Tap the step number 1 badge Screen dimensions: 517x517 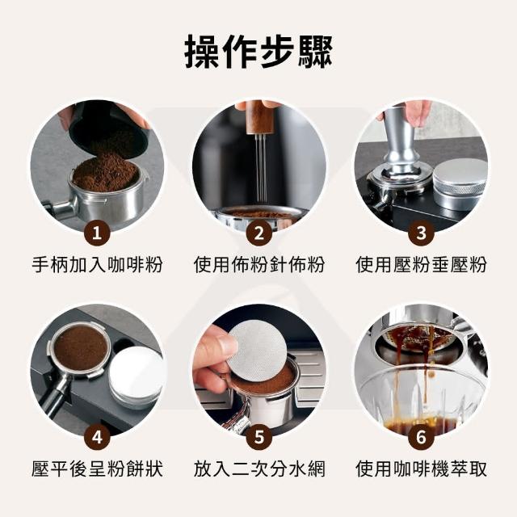(x=97, y=233)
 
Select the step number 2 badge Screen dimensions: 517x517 (x=259, y=233)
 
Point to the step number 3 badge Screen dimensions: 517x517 (x=421, y=233)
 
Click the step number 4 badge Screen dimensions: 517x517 (x=97, y=437)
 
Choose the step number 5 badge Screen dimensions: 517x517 (x=259, y=437)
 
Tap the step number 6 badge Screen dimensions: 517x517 (x=421, y=437)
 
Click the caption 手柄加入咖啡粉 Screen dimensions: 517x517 (x=97, y=265)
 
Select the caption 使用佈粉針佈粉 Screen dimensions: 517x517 (x=259, y=265)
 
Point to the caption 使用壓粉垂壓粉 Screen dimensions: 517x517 (x=421, y=265)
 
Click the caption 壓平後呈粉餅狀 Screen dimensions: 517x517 (x=97, y=469)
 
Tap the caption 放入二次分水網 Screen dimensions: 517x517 (x=259, y=469)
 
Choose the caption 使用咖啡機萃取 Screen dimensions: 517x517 (x=421, y=469)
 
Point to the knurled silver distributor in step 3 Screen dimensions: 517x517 (x=460, y=185)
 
